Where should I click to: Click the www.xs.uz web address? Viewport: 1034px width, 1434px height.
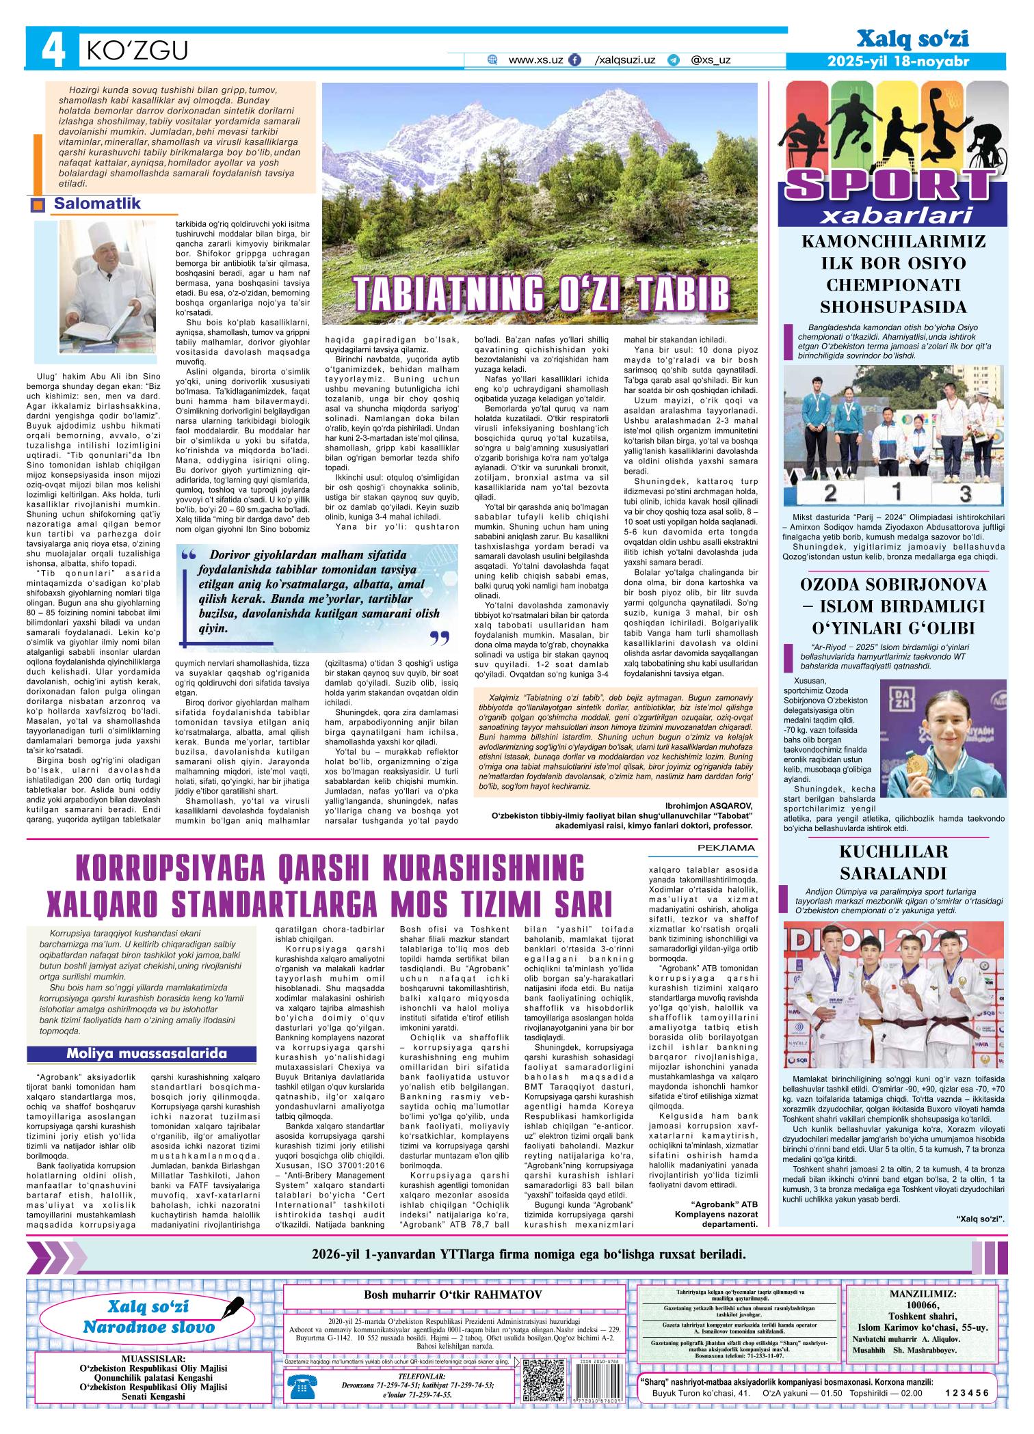tap(535, 60)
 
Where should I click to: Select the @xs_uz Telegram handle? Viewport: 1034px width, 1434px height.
tap(711, 60)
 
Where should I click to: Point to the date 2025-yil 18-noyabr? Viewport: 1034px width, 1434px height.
tap(897, 62)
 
